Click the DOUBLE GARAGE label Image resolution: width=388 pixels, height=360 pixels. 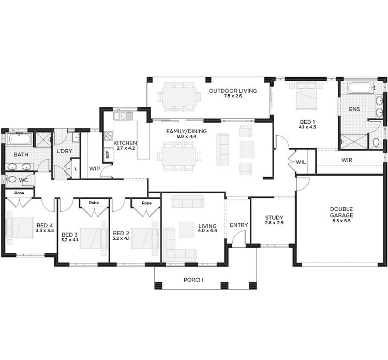click(x=341, y=212)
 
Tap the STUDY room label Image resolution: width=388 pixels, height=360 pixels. click(x=274, y=218)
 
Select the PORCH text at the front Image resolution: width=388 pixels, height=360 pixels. click(x=193, y=280)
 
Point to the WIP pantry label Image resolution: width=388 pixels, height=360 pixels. click(x=94, y=168)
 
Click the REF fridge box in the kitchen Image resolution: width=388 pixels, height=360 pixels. click(x=107, y=154)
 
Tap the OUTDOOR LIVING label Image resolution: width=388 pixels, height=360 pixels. click(x=233, y=91)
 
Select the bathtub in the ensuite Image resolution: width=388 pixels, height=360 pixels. click(x=361, y=88)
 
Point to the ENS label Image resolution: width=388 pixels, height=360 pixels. click(x=354, y=109)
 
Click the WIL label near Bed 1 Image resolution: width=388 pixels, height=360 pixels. click(x=301, y=162)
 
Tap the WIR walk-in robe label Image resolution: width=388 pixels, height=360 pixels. click(x=347, y=160)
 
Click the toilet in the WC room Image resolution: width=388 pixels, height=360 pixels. click(x=11, y=179)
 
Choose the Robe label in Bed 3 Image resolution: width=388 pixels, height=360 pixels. click(x=94, y=203)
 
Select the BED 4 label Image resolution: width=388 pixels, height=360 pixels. click(x=44, y=225)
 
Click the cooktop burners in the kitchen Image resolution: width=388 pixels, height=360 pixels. click(x=109, y=136)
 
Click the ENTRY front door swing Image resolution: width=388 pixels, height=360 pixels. click(x=238, y=239)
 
